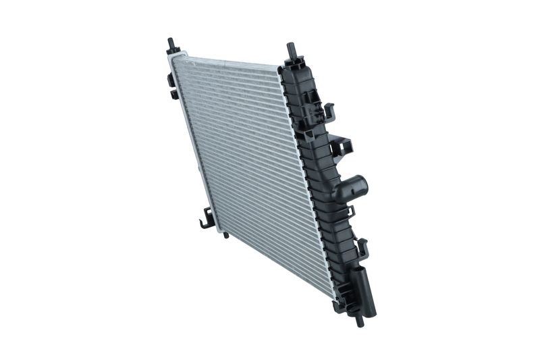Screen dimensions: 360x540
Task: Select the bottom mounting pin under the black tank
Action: [x=360, y=319]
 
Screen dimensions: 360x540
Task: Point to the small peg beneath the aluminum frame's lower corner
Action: [x=227, y=236]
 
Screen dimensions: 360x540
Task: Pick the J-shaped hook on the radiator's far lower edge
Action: [x=206, y=220]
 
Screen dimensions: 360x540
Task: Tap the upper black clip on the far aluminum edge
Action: [x=171, y=77]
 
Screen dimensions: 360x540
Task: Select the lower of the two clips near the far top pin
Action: [x=174, y=93]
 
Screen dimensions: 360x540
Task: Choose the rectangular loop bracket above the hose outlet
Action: [x=341, y=145]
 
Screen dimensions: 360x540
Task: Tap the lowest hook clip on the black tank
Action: [x=362, y=249]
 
